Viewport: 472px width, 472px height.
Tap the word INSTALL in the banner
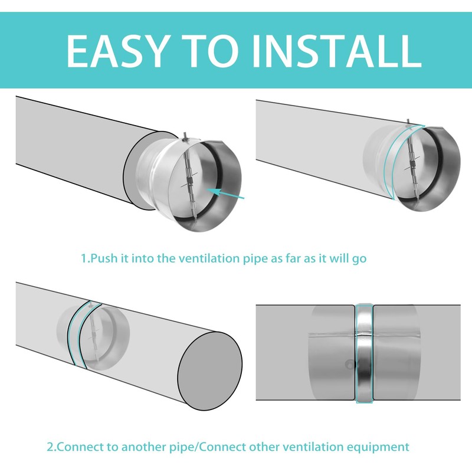tap(336, 51)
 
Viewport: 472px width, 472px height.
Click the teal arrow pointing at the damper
tap(226, 194)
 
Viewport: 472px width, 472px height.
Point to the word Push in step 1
tap(103, 258)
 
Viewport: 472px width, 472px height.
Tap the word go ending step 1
tap(359, 259)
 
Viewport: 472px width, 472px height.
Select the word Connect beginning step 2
tap(76, 447)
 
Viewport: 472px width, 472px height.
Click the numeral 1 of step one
tap(83, 258)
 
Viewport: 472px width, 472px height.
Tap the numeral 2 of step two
tap(50, 447)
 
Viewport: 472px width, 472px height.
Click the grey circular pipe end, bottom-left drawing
tap(210, 371)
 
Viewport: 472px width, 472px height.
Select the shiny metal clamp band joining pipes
tap(364, 353)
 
